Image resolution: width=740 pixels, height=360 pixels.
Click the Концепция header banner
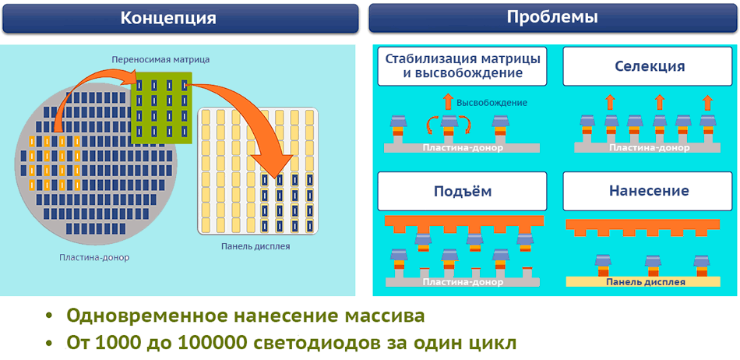(178, 17)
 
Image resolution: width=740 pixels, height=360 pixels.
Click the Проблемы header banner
(552, 17)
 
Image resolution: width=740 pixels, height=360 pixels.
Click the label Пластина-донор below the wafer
(94, 257)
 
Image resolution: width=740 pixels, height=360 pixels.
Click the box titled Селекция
(649, 67)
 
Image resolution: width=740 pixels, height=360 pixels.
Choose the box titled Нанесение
(649, 192)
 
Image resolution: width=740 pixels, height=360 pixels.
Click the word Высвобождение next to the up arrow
(492, 103)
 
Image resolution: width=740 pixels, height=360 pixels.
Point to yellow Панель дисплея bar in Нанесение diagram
(646, 281)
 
